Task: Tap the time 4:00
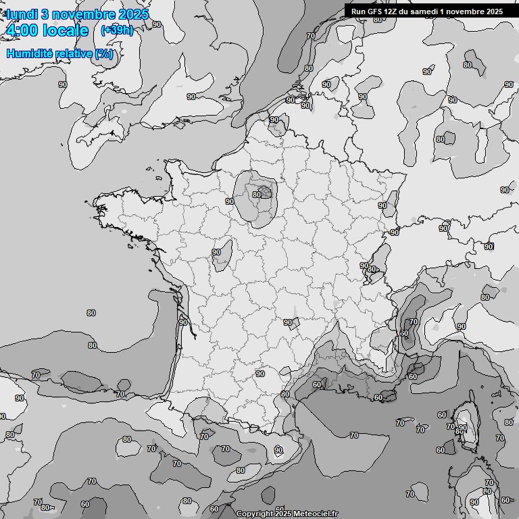[20, 30]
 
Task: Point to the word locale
[65, 30]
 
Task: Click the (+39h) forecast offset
[116, 30]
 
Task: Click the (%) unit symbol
[103, 54]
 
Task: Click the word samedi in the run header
[424, 11]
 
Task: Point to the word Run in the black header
[357, 11]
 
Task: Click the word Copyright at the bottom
[253, 514]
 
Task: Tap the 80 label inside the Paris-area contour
[256, 195]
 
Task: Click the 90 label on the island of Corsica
[462, 427]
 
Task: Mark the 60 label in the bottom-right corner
[505, 500]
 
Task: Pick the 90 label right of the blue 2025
[157, 24]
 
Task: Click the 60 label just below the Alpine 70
[403, 333]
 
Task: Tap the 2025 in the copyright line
[283, 514]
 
